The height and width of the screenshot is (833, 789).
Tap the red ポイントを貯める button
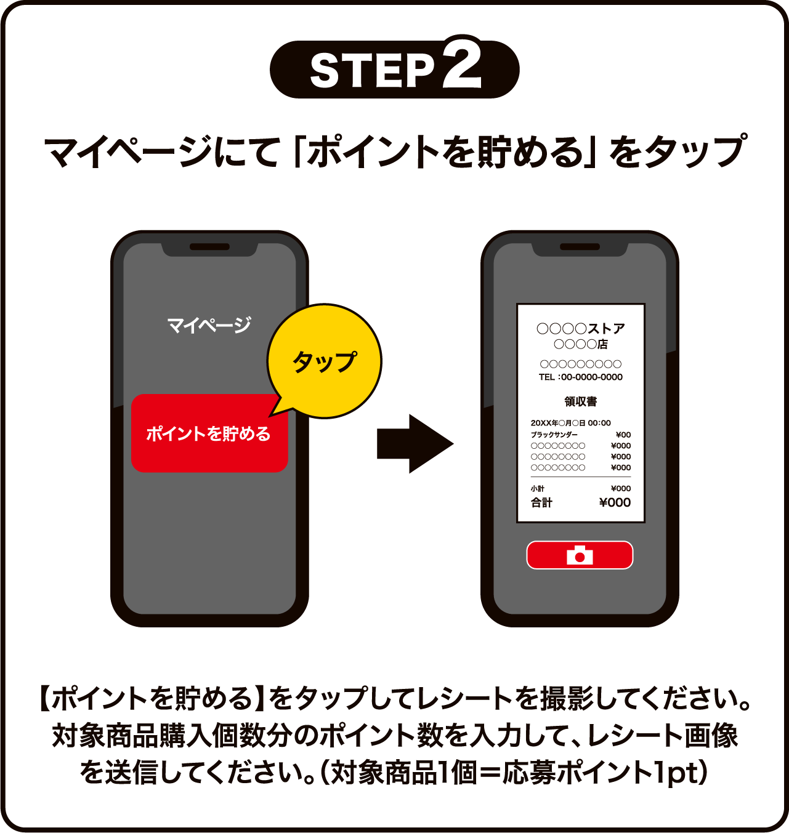pyautogui.click(x=209, y=433)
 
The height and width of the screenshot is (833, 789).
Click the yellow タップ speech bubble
pyautogui.click(x=325, y=361)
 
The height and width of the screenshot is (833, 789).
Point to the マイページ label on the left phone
pyautogui.click(x=209, y=324)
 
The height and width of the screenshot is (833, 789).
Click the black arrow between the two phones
pyautogui.click(x=415, y=443)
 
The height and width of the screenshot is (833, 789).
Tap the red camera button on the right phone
pyautogui.click(x=580, y=555)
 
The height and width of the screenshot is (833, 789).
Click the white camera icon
pyautogui.click(x=580, y=555)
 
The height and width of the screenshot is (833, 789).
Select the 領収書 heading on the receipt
pyautogui.click(x=580, y=401)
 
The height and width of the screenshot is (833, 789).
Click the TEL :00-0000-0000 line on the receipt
pyautogui.click(x=580, y=377)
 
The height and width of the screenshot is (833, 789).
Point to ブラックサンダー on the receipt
pyautogui.click(x=554, y=435)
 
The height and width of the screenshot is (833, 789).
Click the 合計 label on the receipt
pyautogui.click(x=542, y=502)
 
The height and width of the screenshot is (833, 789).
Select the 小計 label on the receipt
pyautogui.click(x=538, y=488)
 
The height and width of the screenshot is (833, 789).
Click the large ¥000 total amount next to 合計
pyautogui.click(x=615, y=502)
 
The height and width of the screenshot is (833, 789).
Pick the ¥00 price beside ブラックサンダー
pyautogui.click(x=623, y=435)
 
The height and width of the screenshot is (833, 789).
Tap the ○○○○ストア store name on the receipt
pyautogui.click(x=580, y=328)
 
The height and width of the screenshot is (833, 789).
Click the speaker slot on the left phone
pyautogui.click(x=209, y=247)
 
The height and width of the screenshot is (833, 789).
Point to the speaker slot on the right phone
pyautogui.click(x=580, y=247)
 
